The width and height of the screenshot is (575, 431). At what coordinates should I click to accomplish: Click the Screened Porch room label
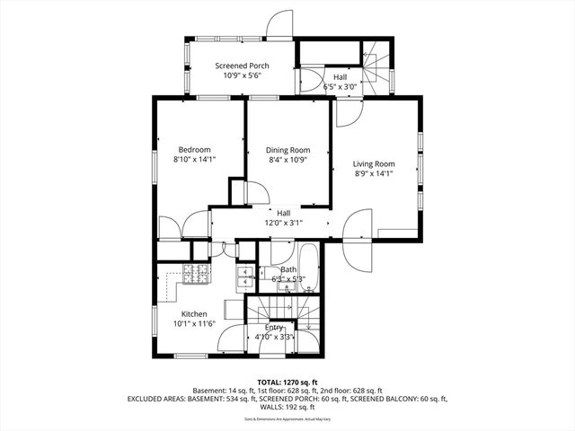click(x=241, y=66)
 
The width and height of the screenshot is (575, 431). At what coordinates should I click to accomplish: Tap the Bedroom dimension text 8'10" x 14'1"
click(x=195, y=159)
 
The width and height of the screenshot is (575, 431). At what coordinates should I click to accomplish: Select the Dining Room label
click(x=287, y=150)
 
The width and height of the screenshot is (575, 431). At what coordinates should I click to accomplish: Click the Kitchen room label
click(x=194, y=313)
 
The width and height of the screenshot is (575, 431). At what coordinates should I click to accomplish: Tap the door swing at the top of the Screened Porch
click(x=281, y=23)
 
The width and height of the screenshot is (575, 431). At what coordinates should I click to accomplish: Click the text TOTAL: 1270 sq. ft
click(x=287, y=383)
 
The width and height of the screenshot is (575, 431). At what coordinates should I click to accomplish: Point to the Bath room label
click(x=288, y=269)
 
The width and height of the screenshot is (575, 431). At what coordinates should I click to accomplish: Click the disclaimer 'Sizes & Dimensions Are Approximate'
click(x=287, y=418)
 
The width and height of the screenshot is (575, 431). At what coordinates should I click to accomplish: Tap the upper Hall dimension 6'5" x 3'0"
click(x=340, y=87)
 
